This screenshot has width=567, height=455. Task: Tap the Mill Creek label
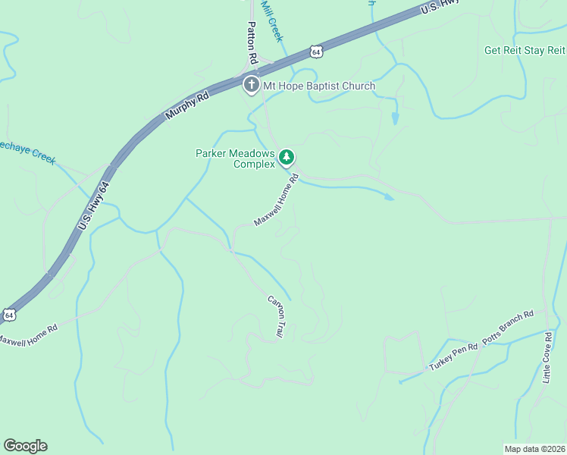point(271,19)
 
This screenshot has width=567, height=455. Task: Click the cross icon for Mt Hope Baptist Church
point(251,85)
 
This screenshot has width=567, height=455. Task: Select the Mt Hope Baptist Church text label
point(319,86)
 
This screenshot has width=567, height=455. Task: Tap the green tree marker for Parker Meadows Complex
point(286,158)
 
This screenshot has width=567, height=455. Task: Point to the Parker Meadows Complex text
point(234,158)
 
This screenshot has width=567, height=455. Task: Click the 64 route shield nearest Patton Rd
point(316,51)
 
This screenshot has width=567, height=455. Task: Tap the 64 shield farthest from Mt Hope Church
point(8,314)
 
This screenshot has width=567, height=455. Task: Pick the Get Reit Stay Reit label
point(525,51)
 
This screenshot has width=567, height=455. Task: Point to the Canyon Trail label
point(275,316)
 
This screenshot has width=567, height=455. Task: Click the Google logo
point(25,446)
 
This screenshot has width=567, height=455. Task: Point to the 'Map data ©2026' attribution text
point(534,448)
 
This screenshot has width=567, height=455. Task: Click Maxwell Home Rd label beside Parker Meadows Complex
point(277,200)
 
